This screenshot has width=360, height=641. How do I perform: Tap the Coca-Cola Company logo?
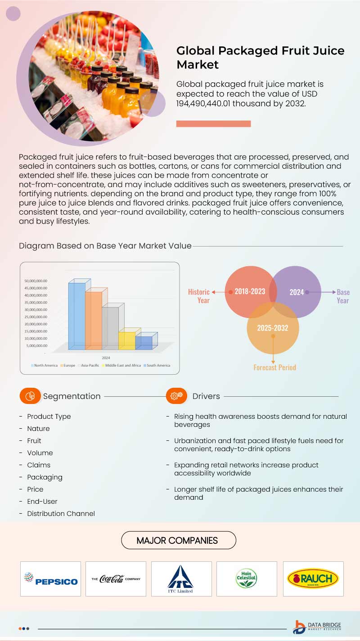pos(116,578)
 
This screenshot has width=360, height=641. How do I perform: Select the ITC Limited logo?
pos(181,578)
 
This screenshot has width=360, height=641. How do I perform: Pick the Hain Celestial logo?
pos(246,578)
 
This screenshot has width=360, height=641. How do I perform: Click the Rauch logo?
pos(313,578)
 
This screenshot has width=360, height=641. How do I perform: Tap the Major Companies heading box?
pos(178,540)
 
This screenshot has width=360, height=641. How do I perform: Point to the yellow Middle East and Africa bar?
pos(127,341)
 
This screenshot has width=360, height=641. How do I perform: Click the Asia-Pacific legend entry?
pos(89,365)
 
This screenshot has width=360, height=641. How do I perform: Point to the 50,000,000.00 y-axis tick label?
pos(36,281)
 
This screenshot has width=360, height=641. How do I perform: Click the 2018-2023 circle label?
pos(250,291)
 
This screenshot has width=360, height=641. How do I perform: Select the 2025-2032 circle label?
pos(273,328)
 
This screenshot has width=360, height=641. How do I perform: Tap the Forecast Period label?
pos(274,368)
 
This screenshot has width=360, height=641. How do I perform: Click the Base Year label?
pos(343,296)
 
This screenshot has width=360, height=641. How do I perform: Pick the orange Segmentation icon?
pos(30,396)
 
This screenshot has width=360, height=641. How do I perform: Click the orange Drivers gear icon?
pos(176,396)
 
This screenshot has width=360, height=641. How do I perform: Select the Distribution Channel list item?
pos(61,513)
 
